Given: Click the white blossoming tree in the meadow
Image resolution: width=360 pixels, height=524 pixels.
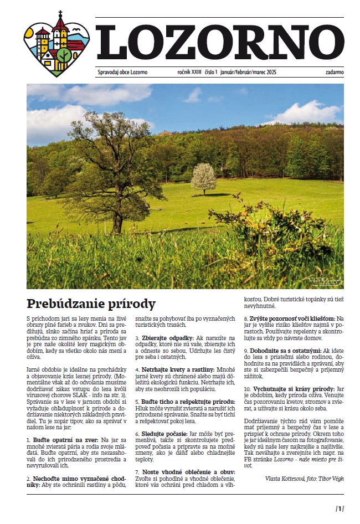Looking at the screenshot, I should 203,178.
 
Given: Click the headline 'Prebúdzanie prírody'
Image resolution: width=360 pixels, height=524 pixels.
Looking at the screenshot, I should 91,304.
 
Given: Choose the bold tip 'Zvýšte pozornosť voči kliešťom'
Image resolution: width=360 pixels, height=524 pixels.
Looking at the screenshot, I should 289,320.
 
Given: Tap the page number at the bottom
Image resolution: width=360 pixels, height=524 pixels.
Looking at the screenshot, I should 340,509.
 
